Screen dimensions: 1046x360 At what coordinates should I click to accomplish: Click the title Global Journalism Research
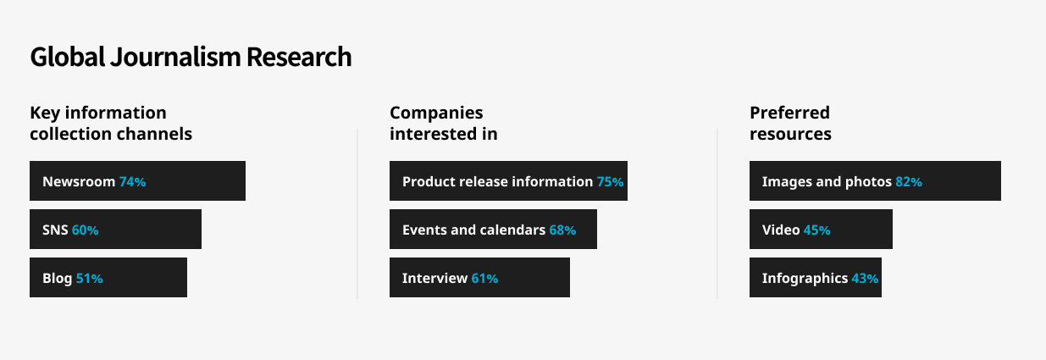pyautogui.click(x=191, y=57)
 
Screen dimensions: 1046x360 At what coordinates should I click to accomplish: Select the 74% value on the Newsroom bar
pyautogui.click(x=133, y=181)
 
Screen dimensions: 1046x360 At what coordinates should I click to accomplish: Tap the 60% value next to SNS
pyautogui.click(x=85, y=230)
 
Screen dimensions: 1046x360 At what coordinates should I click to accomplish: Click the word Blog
pyautogui.click(x=58, y=279)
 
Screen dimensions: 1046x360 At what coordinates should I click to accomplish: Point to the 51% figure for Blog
pyautogui.click(x=89, y=279)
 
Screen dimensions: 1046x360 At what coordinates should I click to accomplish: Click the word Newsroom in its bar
pyautogui.click(x=79, y=181)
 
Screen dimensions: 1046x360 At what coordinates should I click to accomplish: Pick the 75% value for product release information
pyautogui.click(x=611, y=181)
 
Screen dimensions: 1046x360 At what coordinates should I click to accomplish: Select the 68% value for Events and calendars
pyautogui.click(x=562, y=230)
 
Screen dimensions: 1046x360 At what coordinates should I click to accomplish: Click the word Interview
pyautogui.click(x=434, y=279)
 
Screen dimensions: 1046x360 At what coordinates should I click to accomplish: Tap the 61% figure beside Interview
pyautogui.click(x=484, y=279)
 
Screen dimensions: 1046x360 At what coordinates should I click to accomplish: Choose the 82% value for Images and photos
pyautogui.click(x=909, y=181)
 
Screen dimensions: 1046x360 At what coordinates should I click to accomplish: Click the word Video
pyautogui.click(x=781, y=230)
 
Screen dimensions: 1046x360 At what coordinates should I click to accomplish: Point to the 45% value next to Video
pyautogui.click(x=816, y=230)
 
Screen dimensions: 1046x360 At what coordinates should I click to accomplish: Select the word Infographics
pyautogui.click(x=805, y=279)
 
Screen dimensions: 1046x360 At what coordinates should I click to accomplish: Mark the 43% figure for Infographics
pyautogui.click(x=865, y=279)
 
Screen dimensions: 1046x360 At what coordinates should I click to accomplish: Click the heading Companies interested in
pyautogui.click(x=444, y=124)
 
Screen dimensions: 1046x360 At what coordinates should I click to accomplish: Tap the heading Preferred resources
pyautogui.click(x=790, y=124)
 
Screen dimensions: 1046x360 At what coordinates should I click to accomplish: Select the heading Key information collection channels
pyautogui.click(x=111, y=124)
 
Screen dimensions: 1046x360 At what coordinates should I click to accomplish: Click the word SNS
pyautogui.click(x=55, y=230)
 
